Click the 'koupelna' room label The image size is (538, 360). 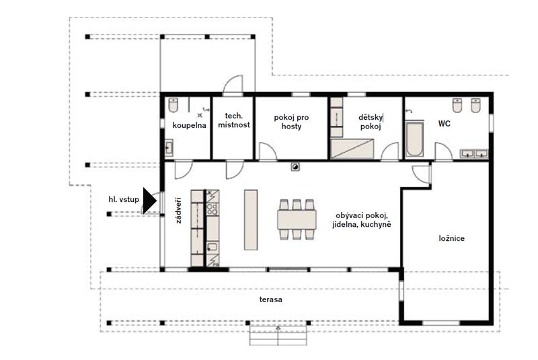[189, 125]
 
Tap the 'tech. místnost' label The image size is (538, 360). [234, 120]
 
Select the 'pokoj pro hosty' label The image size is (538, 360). [291, 122]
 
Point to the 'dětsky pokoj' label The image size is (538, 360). [371, 122]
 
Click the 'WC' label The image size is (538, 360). [444, 124]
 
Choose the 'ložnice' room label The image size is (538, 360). [451, 238]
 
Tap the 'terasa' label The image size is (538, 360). [271, 299]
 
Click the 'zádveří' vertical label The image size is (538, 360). [178, 211]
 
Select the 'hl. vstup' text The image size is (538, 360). [124, 199]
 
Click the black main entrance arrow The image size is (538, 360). [149, 201]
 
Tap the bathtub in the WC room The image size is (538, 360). [414, 139]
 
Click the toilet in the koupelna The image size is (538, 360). [174, 105]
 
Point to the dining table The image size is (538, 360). [297, 219]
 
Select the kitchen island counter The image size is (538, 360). [251, 220]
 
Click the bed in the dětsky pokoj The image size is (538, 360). [352, 149]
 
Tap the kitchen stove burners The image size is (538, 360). [213, 209]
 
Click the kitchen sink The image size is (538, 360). [213, 246]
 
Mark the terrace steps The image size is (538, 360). [278, 336]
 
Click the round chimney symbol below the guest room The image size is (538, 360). [295, 167]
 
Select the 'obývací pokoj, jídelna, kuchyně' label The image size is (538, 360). [362, 220]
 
